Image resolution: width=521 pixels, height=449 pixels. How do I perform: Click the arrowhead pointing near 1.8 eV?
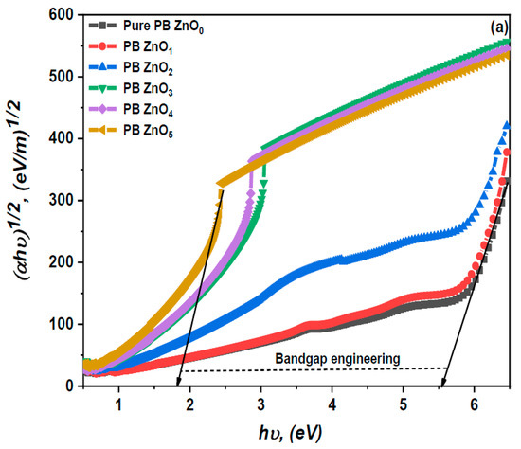point(178,381)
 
